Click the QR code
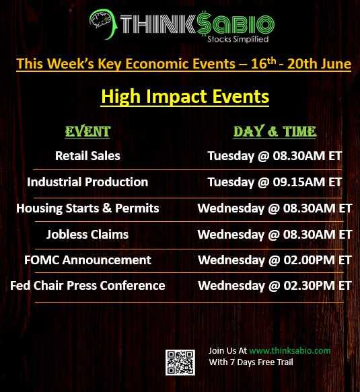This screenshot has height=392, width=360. click(x=180, y=362)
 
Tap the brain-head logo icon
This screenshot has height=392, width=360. click(x=104, y=24)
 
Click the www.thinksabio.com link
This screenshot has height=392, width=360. click(x=290, y=350)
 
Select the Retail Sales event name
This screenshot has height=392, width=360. click(x=87, y=156)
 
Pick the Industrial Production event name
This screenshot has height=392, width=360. click(x=87, y=182)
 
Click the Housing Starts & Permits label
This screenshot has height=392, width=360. click(x=87, y=208)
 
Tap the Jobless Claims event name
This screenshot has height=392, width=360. click(x=87, y=235)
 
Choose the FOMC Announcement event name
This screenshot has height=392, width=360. click(x=87, y=260)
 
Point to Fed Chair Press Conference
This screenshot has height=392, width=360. click(x=87, y=286)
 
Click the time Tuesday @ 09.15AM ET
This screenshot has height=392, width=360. click(x=275, y=182)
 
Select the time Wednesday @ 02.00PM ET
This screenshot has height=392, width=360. click(x=275, y=260)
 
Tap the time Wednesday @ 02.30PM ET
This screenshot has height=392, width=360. click(x=275, y=286)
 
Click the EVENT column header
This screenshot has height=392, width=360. click(x=87, y=132)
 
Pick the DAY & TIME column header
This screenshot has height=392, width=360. click(x=275, y=132)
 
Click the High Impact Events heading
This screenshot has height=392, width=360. click(x=185, y=97)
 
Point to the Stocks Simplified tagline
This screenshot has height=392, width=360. click(x=238, y=39)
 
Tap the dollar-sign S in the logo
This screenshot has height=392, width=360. click(x=204, y=24)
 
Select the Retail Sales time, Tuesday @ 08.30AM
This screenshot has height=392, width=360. click(x=275, y=156)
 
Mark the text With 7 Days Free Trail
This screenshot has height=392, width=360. click(x=251, y=362)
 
